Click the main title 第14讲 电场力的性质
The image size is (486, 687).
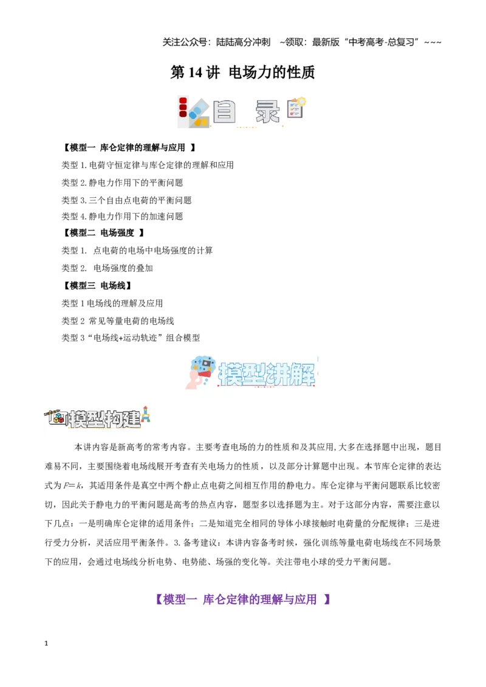(x=242, y=72)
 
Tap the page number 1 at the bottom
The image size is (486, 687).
(x=46, y=643)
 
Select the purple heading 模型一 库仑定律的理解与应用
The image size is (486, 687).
(x=242, y=599)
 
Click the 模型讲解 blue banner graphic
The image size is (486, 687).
(x=252, y=372)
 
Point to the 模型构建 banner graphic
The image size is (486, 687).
(x=97, y=418)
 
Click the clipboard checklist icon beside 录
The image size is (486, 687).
(x=296, y=108)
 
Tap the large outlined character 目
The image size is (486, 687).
(x=224, y=111)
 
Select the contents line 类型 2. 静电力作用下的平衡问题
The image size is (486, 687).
(x=122, y=183)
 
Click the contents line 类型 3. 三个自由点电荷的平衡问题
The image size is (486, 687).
(x=126, y=200)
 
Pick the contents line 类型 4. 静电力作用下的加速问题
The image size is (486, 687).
(x=122, y=217)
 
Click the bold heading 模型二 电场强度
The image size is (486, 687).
(x=103, y=232)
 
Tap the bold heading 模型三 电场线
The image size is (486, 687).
(x=97, y=286)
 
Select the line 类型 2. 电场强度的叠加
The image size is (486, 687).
(x=107, y=268)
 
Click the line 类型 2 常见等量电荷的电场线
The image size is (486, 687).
(x=118, y=321)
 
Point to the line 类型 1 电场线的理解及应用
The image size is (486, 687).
(x=112, y=303)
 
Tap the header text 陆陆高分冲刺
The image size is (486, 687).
(x=243, y=42)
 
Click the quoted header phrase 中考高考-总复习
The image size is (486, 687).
(x=381, y=42)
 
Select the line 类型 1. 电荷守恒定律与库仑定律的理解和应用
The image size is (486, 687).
(x=148, y=165)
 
